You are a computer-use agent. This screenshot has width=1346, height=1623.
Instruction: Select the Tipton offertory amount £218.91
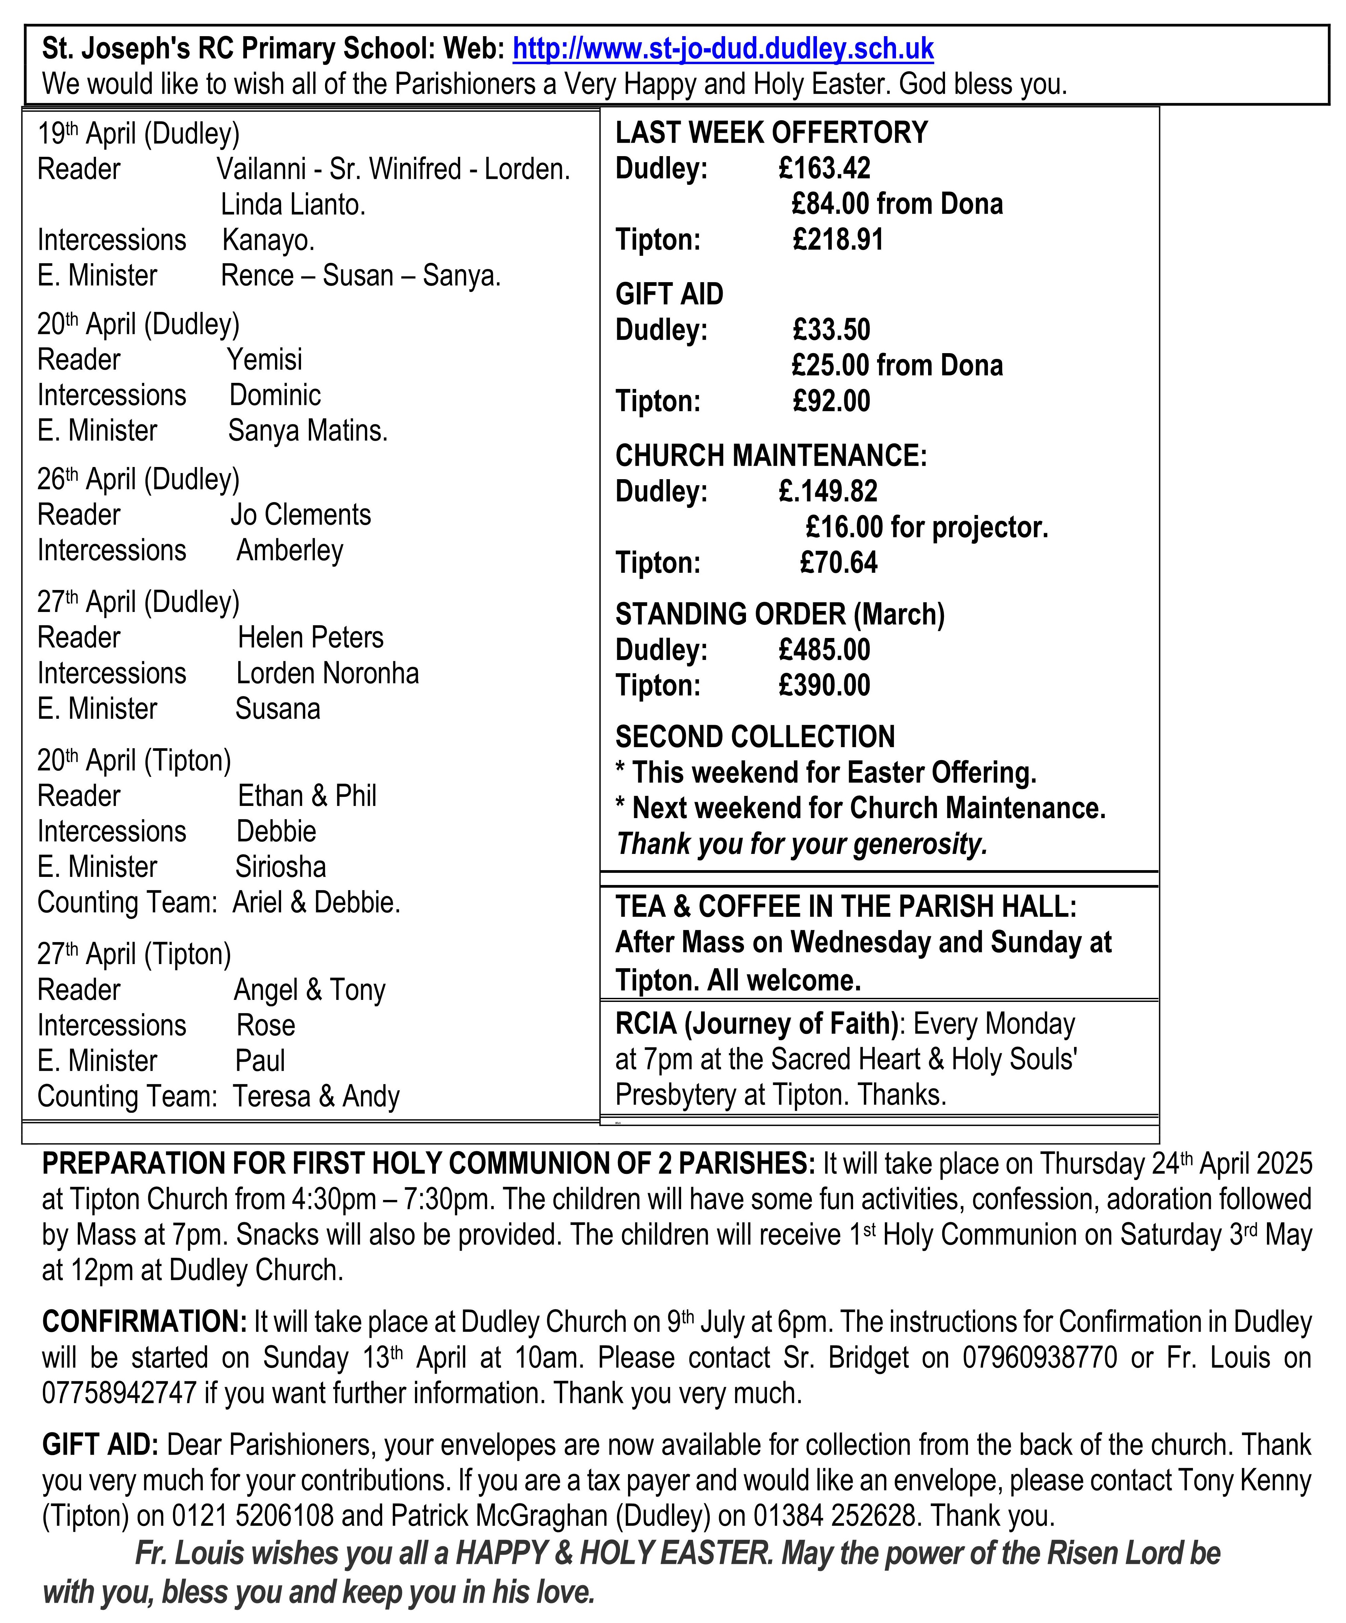pyautogui.click(x=838, y=240)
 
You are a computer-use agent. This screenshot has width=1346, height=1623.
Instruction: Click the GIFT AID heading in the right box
pyautogui.click(x=669, y=294)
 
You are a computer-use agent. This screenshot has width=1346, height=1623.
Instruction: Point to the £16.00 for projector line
pyautogui.click(x=926, y=527)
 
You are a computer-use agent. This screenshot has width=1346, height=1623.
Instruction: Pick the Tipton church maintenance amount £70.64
pyautogui.click(x=838, y=563)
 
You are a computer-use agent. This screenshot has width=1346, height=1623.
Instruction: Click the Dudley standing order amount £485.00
pyautogui.click(x=824, y=650)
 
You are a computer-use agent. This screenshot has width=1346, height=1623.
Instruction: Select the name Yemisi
pyautogui.click(x=264, y=360)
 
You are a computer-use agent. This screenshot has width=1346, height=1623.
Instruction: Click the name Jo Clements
pyautogui.click(x=301, y=515)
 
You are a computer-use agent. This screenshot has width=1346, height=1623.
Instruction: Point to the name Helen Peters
pyautogui.click(x=310, y=638)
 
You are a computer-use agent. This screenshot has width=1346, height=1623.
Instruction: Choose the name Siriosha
pyautogui.click(x=280, y=867)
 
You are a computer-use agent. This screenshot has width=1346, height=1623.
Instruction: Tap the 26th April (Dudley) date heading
pyautogui.click(x=138, y=479)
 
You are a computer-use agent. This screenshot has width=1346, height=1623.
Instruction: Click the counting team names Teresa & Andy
pyautogui.click(x=316, y=1097)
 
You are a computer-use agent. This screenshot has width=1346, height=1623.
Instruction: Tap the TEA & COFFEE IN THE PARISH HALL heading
pyautogui.click(x=845, y=907)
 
